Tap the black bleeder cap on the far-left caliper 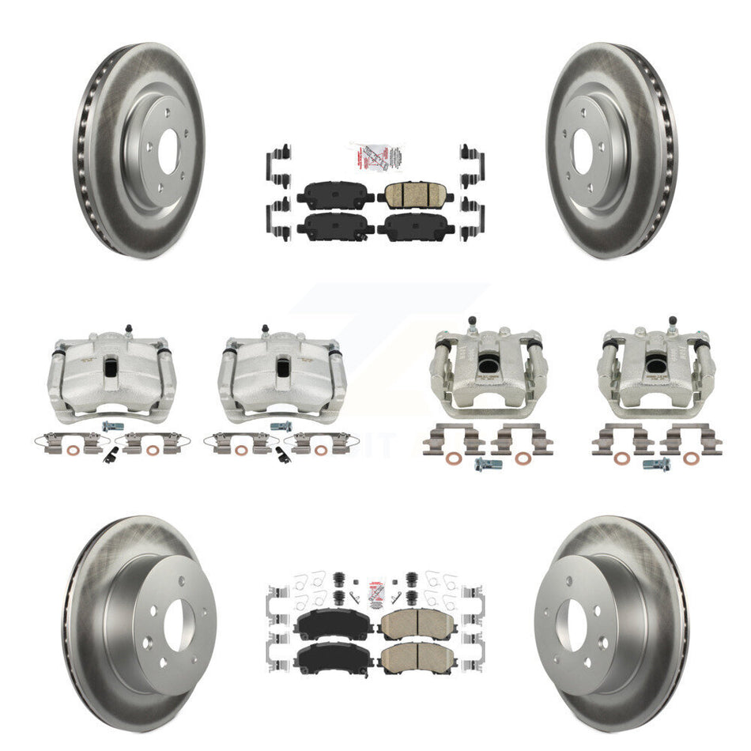tap(127, 326)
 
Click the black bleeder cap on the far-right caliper tap(672, 321)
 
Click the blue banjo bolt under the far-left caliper tap(108, 427)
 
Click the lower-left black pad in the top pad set tap(336, 227)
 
